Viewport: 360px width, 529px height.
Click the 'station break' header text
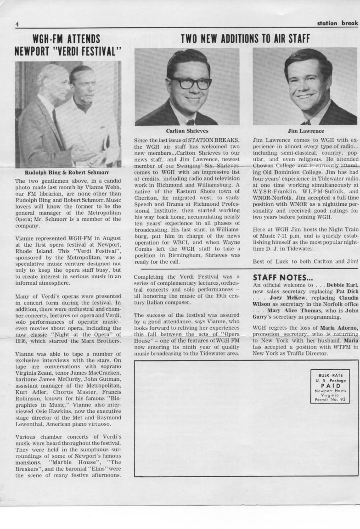[x=337, y=23]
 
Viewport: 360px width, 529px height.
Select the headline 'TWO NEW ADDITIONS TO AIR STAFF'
[x=245, y=39]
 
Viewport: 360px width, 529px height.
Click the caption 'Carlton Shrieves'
[x=187, y=131]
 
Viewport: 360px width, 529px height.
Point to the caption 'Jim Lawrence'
[x=305, y=131]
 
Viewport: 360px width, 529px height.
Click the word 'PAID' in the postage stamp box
[x=330, y=386]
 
